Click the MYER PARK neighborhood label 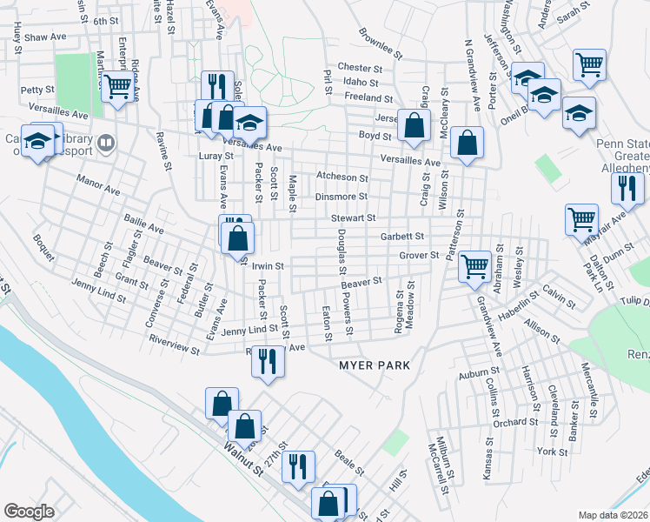click(374, 365)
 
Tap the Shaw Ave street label click(45, 38)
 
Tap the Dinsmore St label click(342, 197)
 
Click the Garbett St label click(402, 236)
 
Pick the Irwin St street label click(269, 266)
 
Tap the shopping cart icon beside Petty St click(117, 88)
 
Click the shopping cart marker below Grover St click(474, 265)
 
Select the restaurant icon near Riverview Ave click(268, 360)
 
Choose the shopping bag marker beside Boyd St click(415, 126)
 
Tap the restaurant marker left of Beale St click(298, 465)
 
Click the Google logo click(29, 512)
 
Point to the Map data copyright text click(613, 515)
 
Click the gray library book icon click(106, 141)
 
